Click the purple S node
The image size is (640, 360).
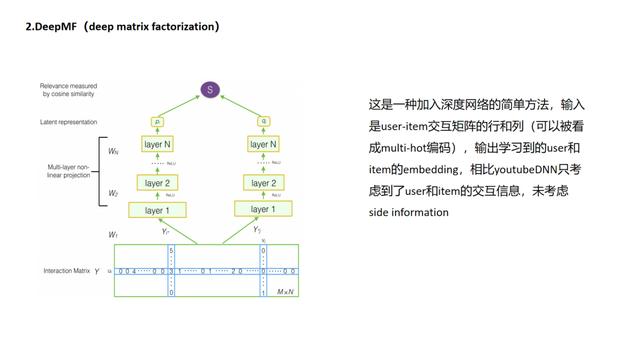click(209, 89)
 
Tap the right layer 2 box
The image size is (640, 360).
click(262, 182)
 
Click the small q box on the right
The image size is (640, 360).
click(262, 120)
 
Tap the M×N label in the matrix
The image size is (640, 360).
click(286, 291)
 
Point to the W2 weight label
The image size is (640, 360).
click(113, 192)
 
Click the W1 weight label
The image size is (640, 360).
click(113, 234)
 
